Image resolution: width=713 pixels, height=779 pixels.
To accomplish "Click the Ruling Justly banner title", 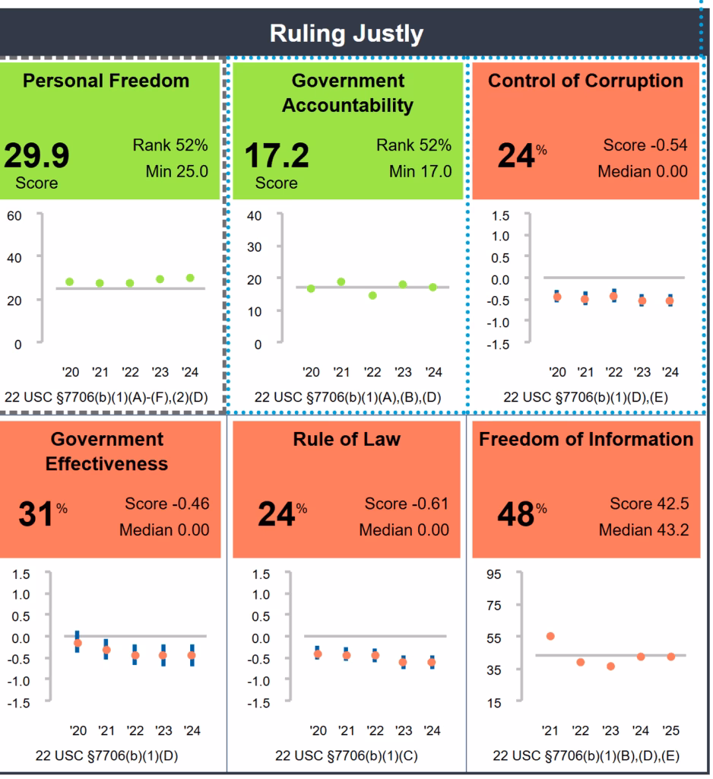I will coord(347,33).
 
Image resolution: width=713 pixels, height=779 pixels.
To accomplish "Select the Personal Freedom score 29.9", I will coord(36,156).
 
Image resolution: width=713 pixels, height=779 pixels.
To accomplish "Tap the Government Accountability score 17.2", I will coord(276,156).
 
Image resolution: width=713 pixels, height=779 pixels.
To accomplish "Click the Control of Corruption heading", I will coord(585,81).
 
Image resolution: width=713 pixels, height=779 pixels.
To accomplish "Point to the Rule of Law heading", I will coord(347,439).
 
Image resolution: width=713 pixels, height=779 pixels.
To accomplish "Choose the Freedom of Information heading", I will coord(586,439).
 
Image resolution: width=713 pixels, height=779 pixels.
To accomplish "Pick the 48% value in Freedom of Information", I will coord(516,515).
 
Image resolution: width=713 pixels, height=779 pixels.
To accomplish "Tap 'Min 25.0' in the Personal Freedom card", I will coord(176,171).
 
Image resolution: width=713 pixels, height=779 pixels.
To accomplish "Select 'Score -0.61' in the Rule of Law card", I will coord(407,504).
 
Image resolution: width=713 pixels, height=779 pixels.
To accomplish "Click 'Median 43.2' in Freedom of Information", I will coord(644,529).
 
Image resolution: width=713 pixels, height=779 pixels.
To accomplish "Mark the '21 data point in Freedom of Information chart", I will coord(550,636).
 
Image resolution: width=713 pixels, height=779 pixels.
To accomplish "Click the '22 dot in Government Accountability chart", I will coord(372,295).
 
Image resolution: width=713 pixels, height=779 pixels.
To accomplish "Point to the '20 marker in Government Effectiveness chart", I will coord(78,643).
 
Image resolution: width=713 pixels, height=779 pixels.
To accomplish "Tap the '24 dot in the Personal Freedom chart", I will coord(190,278).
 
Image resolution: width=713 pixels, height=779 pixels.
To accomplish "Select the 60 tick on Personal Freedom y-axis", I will coord(15,215).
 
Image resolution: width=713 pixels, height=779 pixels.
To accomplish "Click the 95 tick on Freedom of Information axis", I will coord(494,574).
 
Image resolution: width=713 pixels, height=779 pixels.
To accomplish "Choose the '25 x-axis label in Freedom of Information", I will coord(670,731).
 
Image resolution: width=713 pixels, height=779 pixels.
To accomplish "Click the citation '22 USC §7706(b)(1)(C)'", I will coord(347,756).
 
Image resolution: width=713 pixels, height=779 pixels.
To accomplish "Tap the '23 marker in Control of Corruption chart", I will coord(642,300).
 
